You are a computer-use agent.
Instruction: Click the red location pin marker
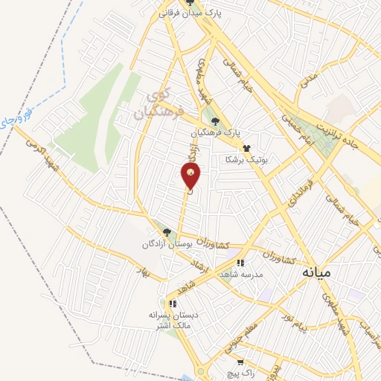(191, 176)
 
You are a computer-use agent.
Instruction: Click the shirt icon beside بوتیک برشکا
(246, 148)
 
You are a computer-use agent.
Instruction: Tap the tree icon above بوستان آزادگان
(167, 232)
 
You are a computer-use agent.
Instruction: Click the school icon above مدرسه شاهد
(240, 263)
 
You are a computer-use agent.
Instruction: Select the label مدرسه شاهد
(239, 274)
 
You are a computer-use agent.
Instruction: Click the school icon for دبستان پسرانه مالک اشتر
(173, 304)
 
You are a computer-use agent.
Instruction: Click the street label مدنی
(301, 90)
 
